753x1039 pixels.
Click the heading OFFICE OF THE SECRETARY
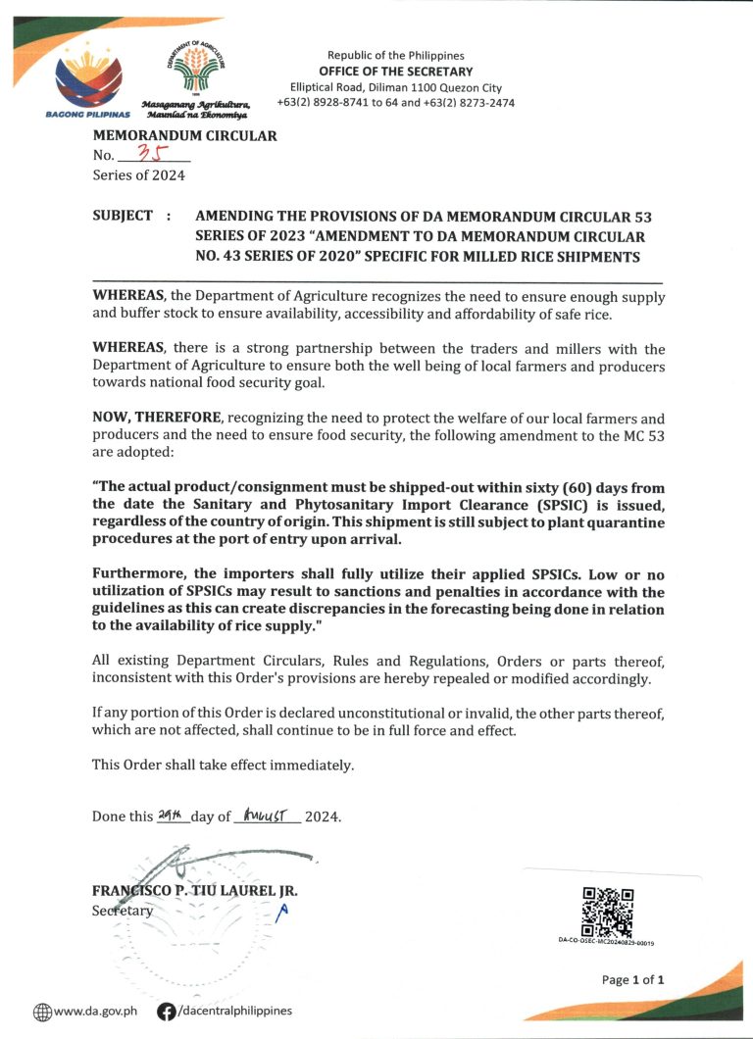(395, 72)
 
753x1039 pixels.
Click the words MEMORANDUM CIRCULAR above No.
(184, 136)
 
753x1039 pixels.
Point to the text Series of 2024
(138, 175)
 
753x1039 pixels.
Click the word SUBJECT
(123, 216)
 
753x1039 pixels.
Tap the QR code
(607, 912)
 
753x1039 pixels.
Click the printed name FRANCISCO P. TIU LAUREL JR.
(194, 891)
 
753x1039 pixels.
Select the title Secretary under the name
(123, 910)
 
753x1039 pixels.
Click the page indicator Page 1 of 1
(633, 979)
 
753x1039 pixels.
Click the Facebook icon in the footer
(166, 1012)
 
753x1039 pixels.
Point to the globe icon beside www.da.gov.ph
(42, 1012)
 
